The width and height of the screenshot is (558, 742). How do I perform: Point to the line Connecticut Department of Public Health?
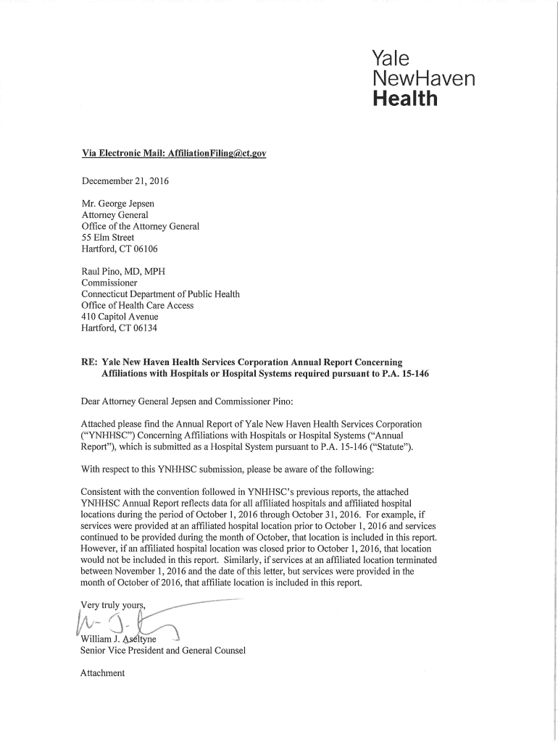[160, 294]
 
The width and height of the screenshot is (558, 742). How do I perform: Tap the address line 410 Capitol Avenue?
[120, 317]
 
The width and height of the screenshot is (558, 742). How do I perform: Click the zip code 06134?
[143, 328]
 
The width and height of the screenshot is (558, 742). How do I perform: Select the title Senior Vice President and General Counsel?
[164, 650]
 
